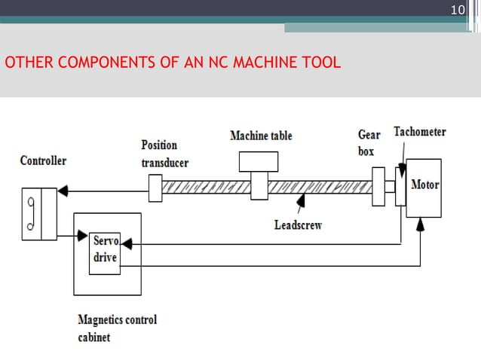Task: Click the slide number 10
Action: point(457,10)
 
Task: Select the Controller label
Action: point(43,160)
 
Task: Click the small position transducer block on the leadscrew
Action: point(155,188)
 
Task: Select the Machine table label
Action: point(261,136)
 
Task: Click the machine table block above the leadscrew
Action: point(259,162)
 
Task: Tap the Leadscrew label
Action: point(298,224)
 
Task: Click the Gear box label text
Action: point(369,142)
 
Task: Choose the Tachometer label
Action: point(419,132)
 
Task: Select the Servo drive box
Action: point(105,252)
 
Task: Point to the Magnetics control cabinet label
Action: point(117,328)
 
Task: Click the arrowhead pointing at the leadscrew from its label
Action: point(300,200)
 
